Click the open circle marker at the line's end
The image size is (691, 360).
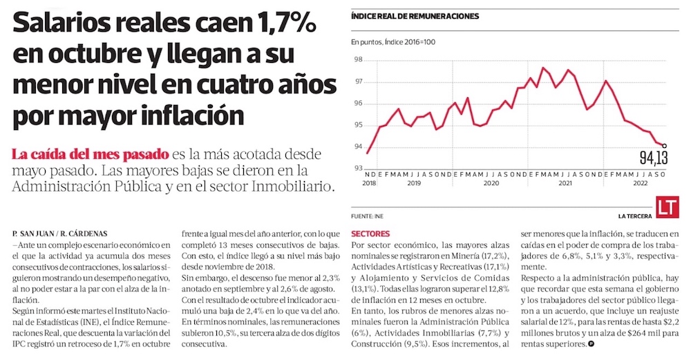[664, 146]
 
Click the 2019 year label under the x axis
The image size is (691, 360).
[413, 184]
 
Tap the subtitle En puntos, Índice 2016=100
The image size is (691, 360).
[394, 43]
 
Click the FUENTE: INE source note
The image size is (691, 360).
[367, 216]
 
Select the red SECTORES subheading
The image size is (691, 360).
[370, 234]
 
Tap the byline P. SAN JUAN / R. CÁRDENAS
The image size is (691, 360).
[60, 234]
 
